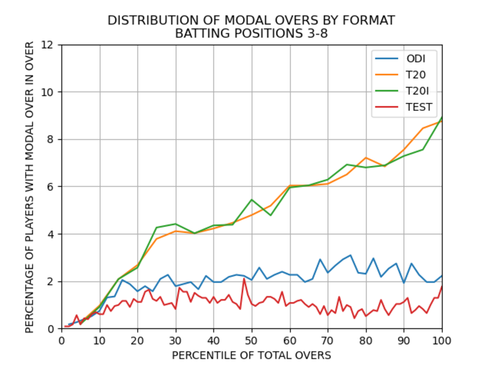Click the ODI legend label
pos(416,58)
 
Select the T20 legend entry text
pos(416,75)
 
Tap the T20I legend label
pos(417,91)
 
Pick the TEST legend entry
pos(419,107)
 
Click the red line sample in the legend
pos(387,107)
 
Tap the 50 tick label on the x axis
pos(252,341)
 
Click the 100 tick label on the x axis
pos(442,341)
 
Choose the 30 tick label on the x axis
pos(176,341)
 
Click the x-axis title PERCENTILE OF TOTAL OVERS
pos(251,355)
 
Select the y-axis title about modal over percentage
pos(30,187)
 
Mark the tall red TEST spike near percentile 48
pos(244,278)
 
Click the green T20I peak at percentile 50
pos(252,199)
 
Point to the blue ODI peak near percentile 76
pos(350,255)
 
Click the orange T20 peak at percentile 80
pos(366,158)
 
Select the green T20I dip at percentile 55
pos(270,215)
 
